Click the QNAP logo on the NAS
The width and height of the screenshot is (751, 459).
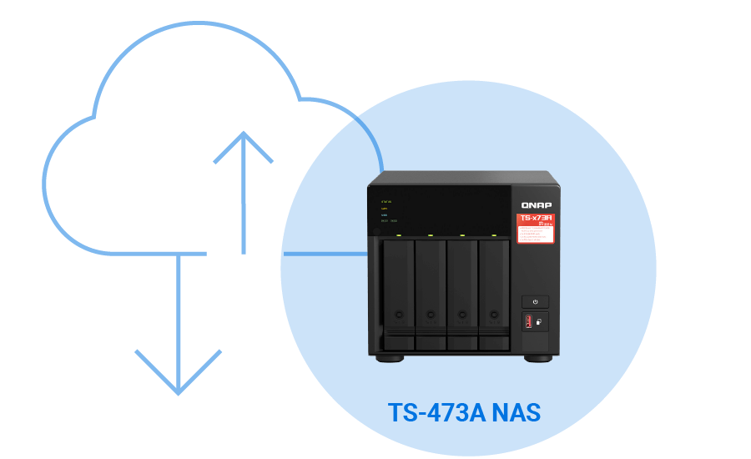pos(536,204)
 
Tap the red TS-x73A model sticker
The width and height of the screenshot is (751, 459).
pos(536,228)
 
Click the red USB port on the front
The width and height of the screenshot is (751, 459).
pos(528,321)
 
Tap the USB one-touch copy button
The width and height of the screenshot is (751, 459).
pos(539,321)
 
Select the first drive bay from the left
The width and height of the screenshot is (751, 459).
pos(399,292)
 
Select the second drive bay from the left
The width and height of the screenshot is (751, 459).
pos(431,292)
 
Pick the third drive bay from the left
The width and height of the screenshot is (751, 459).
pos(462,292)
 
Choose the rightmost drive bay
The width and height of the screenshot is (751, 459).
pos(494,292)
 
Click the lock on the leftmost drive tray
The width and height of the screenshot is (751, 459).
pos(399,315)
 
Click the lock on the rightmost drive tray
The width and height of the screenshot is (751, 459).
pos(494,315)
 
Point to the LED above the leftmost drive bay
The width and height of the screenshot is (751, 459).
pos(399,235)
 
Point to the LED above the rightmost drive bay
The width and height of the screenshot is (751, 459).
pos(494,235)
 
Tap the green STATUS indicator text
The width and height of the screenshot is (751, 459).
pos(386,202)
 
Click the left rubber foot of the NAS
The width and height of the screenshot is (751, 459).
pos(389,358)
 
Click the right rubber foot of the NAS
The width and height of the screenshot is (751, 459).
pos(538,358)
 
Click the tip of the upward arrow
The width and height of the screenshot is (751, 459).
pos(243,133)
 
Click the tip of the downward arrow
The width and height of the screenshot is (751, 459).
pos(179,393)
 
